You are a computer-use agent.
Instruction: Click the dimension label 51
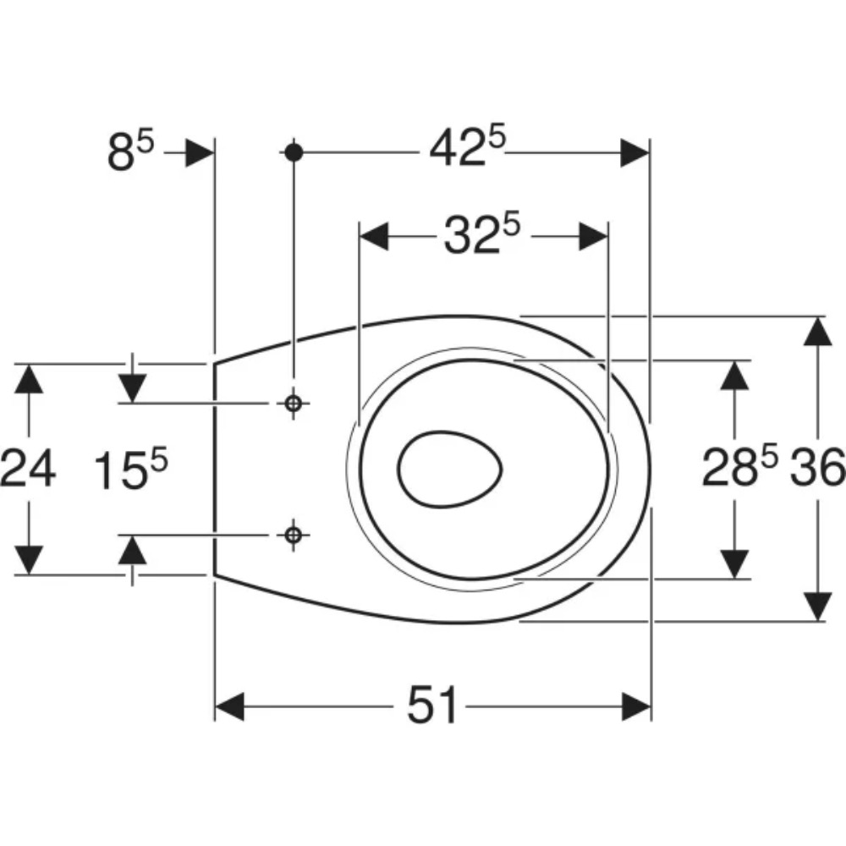(x=432, y=705)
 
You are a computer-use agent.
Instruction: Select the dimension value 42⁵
(x=468, y=146)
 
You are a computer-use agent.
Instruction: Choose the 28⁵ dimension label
(x=739, y=465)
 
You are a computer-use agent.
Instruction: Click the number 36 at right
(x=817, y=467)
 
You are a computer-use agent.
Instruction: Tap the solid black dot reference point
(x=294, y=152)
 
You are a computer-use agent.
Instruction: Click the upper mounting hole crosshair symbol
(x=293, y=403)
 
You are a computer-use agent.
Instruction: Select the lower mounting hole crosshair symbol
(x=293, y=536)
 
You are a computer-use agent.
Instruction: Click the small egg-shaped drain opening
(x=450, y=469)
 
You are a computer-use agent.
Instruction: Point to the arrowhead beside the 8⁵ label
(x=199, y=152)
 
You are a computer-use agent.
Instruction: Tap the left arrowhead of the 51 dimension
(x=229, y=706)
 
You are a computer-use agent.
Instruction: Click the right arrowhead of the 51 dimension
(x=636, y=706)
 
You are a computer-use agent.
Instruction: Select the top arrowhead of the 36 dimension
(x=817, y=332)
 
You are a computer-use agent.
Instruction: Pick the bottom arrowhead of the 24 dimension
(x=28, y=560)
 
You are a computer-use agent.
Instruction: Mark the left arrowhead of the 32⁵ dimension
(x=374, y=236)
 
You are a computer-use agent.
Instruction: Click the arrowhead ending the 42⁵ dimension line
(x=634, y=152)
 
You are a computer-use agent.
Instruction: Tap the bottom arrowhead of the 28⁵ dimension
(x=734, y=564)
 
